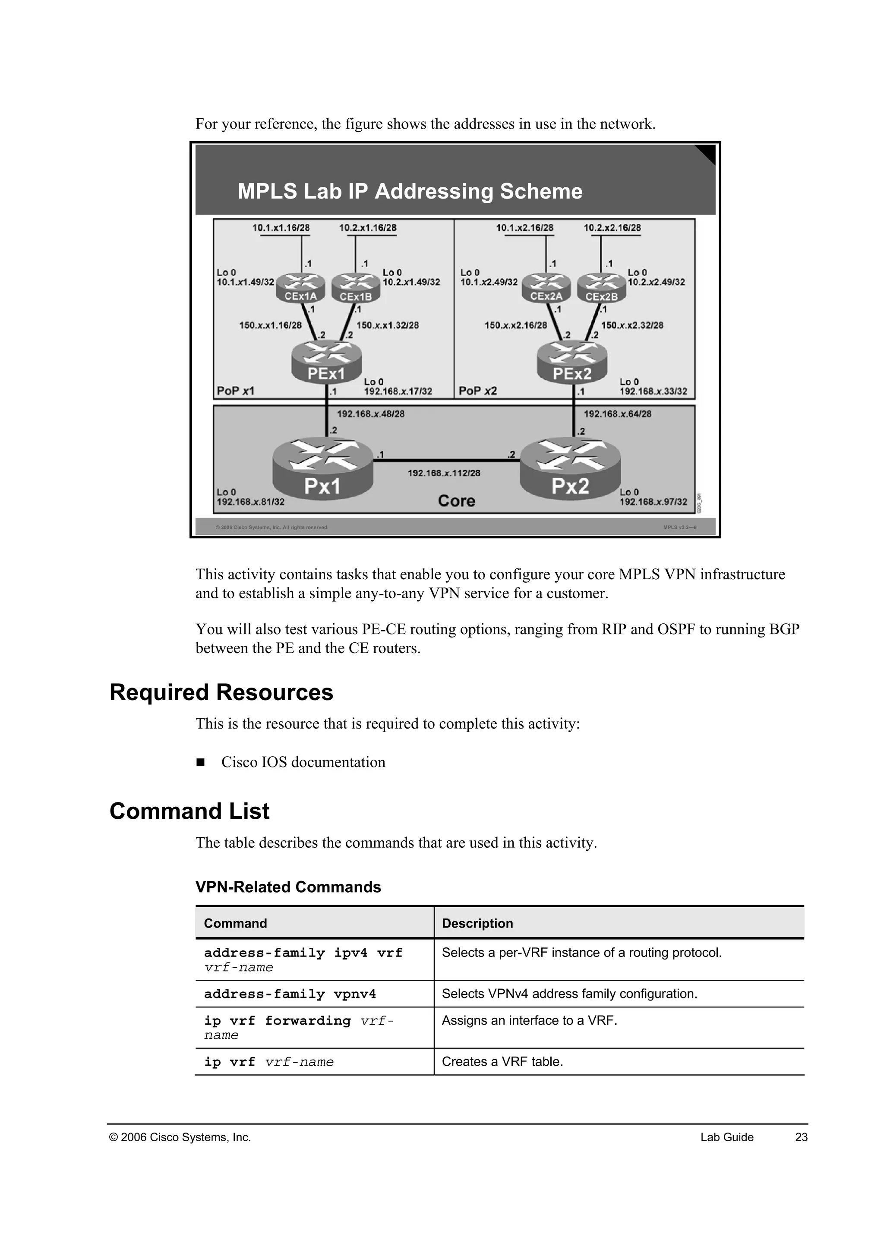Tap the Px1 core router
322,469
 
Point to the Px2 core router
570,469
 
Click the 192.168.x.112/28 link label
444,473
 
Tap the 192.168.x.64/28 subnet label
617,414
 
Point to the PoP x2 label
477,391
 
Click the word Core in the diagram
456,501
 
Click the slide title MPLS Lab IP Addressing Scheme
410,192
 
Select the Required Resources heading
221,692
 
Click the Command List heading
189,811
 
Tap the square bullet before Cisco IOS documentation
200,762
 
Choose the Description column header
477,923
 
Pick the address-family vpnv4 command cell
290,994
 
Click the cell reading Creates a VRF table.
502,1062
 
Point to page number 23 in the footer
801,1137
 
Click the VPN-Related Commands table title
288,887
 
